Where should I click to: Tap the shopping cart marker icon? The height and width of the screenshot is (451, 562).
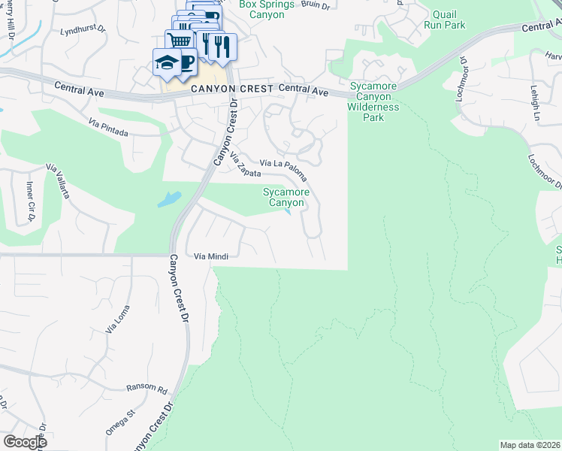(x=178, y=41)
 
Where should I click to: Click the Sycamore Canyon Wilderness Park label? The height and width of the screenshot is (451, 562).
(x=373, y=101)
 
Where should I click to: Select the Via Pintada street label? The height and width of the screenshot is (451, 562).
(x=108, y=127)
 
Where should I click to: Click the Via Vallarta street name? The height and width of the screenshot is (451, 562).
(x=59, y=180)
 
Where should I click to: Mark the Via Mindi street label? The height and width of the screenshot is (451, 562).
(x=211, y=256)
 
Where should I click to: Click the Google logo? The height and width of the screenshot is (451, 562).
(x=24, y=442)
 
